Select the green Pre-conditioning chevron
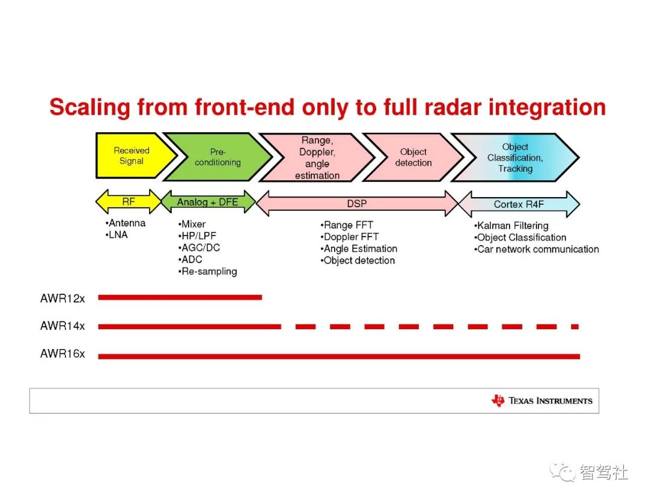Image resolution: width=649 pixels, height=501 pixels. click(x=218, y=157)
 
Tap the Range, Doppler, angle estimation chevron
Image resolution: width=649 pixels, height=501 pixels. click(x=317, y=157)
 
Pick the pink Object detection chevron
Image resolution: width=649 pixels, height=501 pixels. click(x=413, y=157)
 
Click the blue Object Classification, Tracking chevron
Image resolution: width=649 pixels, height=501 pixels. click(x=516, y=157)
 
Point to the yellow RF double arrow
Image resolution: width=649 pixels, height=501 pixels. click(x=129, y=201)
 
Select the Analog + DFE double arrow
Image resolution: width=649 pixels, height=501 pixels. click(x=208, y=202)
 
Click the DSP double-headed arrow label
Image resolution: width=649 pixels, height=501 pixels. click(x=357, y=204)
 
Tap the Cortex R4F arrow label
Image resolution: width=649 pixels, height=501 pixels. click(x=519, y=204)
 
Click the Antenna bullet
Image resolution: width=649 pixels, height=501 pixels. click(x=126, y=223)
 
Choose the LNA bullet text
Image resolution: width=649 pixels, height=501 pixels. click(x=117, y=235)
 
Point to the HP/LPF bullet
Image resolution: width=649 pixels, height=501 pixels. click(x=197, y=236)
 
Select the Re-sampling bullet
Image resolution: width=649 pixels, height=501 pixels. click(x=207, y=272)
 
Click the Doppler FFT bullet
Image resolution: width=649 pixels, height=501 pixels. click(x=349, y=237)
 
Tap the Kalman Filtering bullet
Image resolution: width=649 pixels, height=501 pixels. click(x=511, y=226)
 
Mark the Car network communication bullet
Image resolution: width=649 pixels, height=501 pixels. click(x=537, y=249)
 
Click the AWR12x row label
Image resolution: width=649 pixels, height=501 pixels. click(x=62, y=299)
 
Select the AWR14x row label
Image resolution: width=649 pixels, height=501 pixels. click(x=62, y=326)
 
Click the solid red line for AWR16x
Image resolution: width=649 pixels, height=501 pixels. click(x=339, y=356)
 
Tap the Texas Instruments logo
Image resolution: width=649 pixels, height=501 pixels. click(x=541, y=401)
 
